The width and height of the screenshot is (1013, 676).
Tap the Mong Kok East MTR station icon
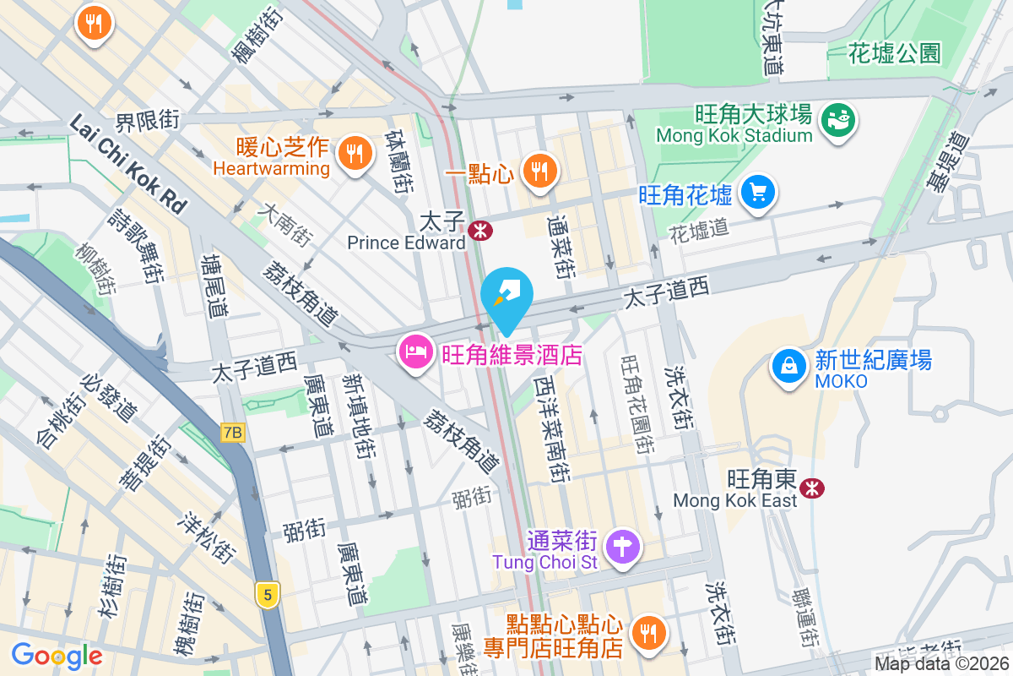(812, 488)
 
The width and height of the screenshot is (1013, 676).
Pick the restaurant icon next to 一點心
(538, 172)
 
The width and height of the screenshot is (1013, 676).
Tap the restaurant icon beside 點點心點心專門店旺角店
(648, 635)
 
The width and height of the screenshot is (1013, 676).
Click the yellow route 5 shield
(268, 595)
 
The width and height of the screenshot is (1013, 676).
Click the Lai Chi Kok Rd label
(127, 164)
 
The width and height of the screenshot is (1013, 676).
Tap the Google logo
(57, 656)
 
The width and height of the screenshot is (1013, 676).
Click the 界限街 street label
(148, 121)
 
